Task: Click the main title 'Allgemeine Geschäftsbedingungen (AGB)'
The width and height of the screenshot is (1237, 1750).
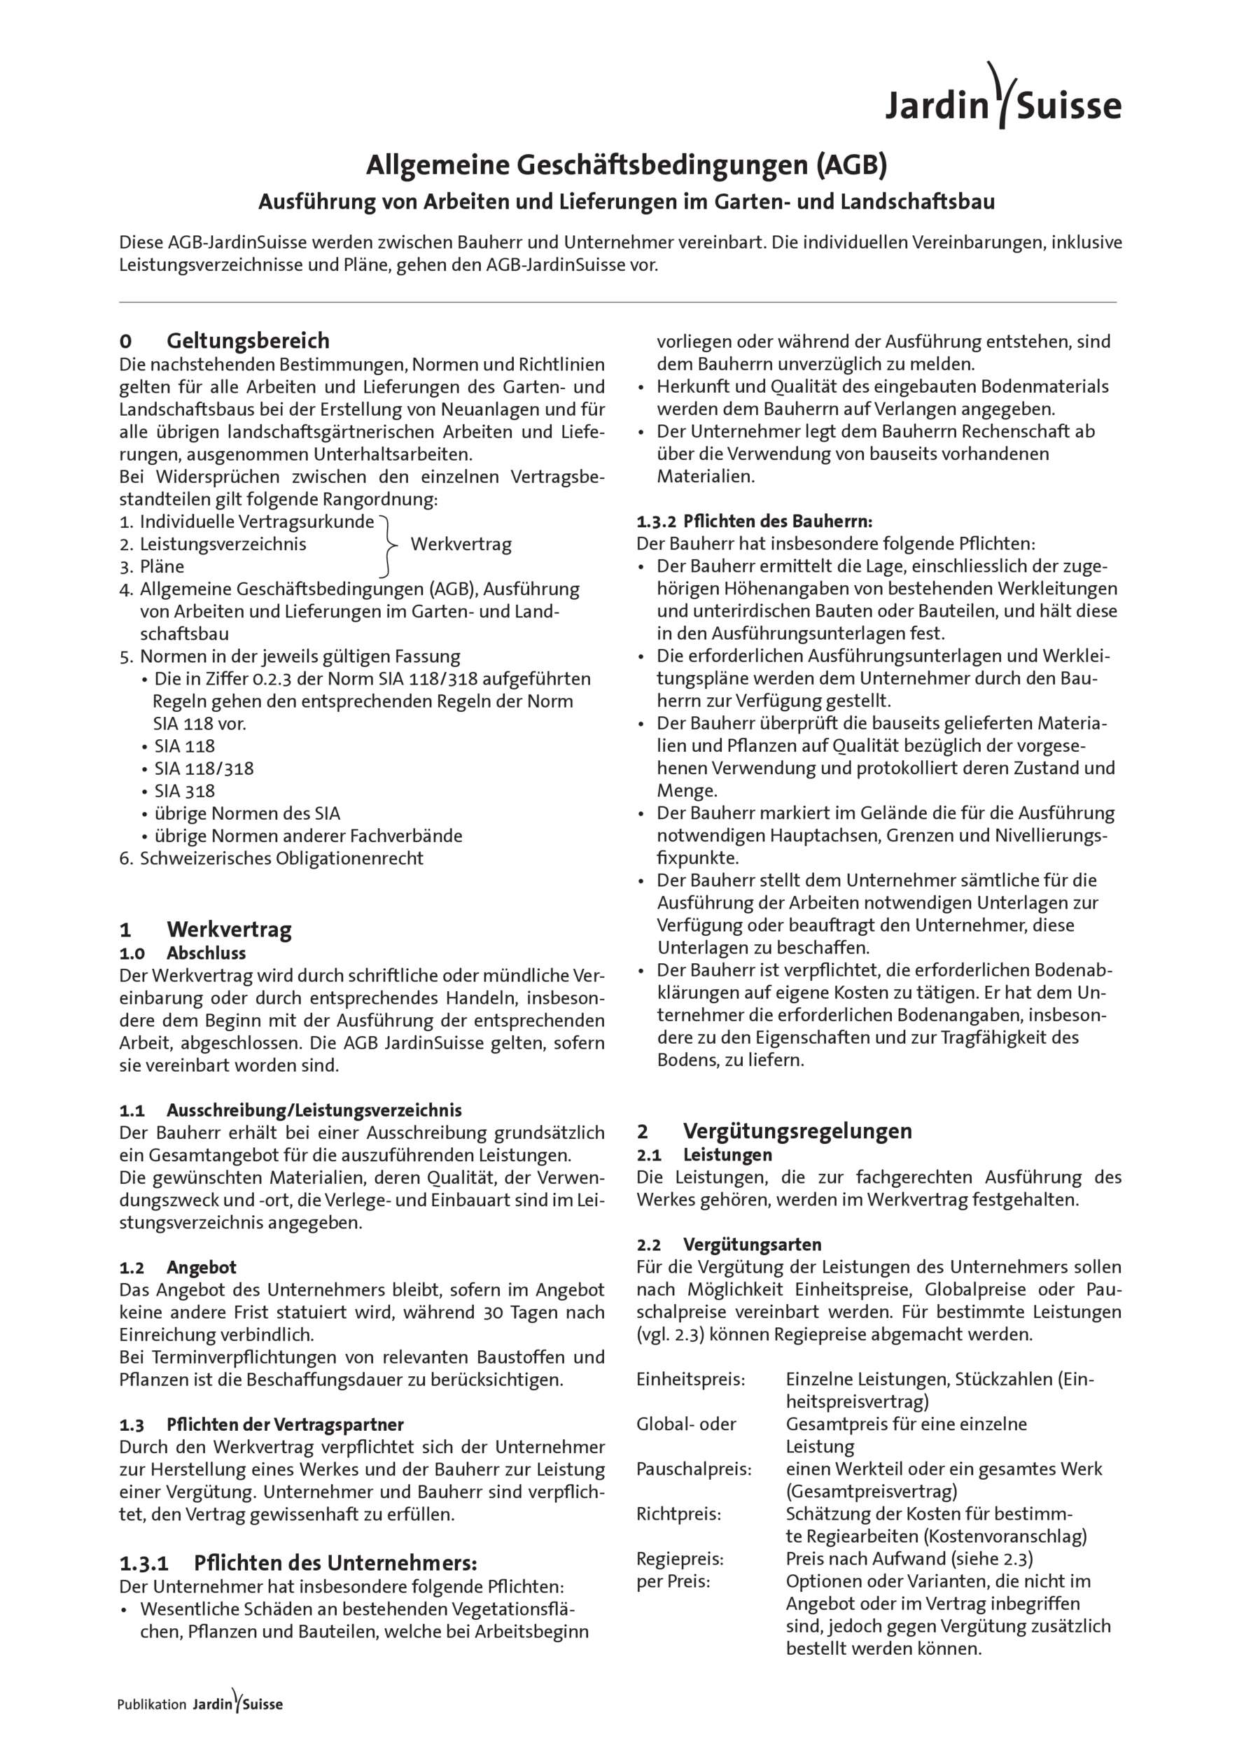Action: [627, 164]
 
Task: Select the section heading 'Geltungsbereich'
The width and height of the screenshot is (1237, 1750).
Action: [248, 340]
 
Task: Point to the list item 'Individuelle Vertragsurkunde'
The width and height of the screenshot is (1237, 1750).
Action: [257, 522]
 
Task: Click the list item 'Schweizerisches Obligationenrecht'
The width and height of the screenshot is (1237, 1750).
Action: [281, 858]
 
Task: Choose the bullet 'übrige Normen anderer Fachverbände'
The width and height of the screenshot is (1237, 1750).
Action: [308, 836]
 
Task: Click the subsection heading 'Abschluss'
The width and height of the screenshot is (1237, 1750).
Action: [206, 953]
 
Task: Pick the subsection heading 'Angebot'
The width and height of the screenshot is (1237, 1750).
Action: [201, 1268]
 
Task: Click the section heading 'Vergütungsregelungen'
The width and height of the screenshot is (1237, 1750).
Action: [797, 1130]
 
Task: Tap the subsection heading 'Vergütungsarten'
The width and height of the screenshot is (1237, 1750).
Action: [753, 1245]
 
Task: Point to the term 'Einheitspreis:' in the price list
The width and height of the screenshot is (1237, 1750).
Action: [690, 1380]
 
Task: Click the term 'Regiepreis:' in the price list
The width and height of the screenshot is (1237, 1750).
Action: [680, 1560]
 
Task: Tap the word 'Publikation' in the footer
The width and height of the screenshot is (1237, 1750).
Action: [152, 1704]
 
